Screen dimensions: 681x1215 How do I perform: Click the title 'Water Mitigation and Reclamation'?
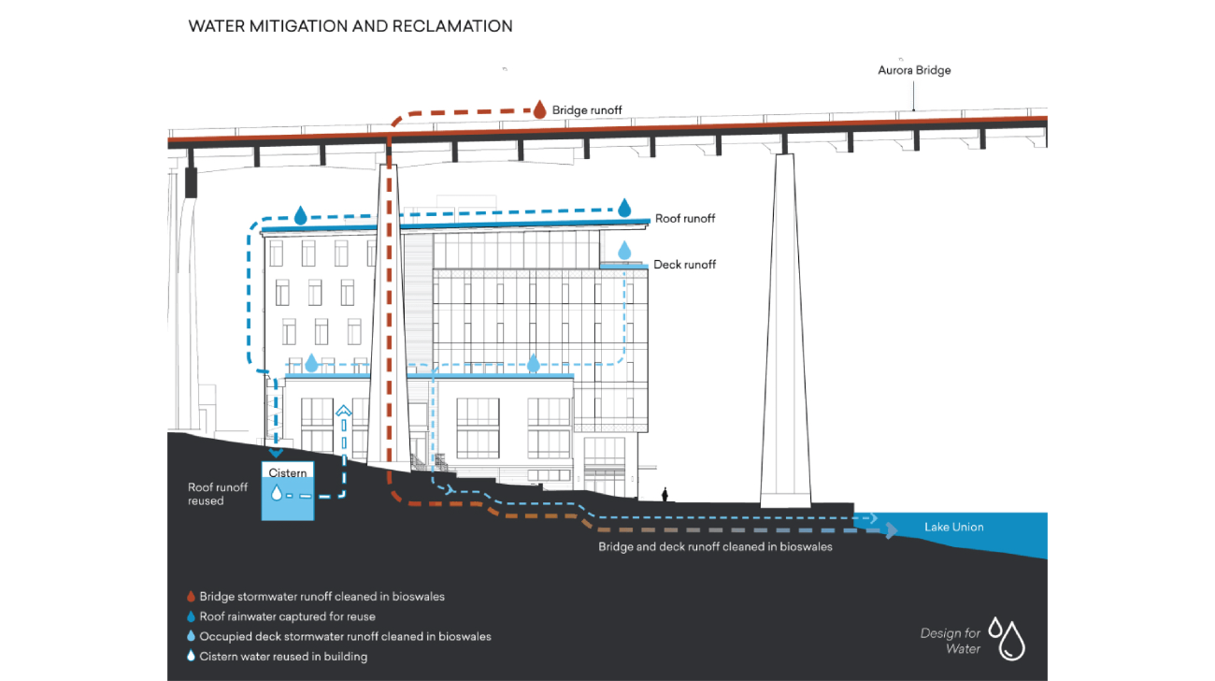click(350, 26)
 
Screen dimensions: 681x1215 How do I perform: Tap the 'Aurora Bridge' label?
click(914, 70)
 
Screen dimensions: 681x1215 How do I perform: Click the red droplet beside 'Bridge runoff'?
click(539, 109)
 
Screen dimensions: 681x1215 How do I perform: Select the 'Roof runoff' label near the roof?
click(684, 219)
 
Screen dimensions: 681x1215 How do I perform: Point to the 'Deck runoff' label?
click(684, 265)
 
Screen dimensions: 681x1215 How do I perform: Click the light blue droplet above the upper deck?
click(624, 250)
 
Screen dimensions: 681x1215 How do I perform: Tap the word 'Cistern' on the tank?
click(288, 473)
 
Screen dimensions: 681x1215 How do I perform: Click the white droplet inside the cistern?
click(276, 493)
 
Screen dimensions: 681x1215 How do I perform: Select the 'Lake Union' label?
click(953, 528)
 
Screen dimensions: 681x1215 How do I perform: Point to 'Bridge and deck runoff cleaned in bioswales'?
click(715, 547)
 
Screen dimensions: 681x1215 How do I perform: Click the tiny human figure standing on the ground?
click(665, 494)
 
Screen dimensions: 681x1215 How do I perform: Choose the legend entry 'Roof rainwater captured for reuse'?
click(287, 616)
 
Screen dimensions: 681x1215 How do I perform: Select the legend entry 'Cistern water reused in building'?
click(283, 657)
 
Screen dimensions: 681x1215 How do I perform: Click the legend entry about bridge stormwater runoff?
click(322, 596)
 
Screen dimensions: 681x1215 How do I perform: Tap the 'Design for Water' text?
click(951, 641)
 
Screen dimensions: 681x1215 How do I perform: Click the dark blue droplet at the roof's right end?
click(625, 207)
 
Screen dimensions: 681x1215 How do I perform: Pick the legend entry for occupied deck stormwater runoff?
click(345, 636)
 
